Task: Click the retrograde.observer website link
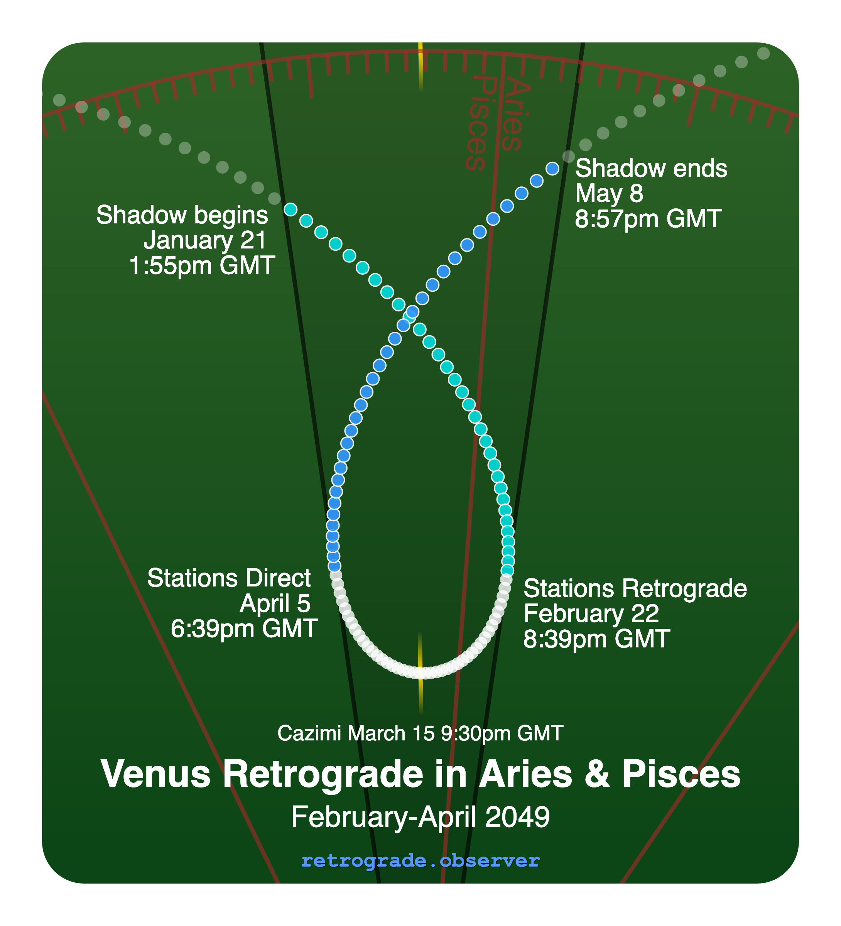click(x=420, y=861)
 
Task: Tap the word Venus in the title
click(x=155, y=774)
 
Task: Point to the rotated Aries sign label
click(x=515, y=115)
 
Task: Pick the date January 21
click(x=205, y=240)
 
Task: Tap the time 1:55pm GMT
click(x=202, y=265)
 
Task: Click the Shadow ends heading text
click(x=651, y=169)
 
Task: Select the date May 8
click(x=609, y=193)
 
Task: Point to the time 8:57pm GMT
click(x=648, y=219)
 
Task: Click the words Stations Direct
click(x=229, y=578)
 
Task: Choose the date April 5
click(x=275, y=603)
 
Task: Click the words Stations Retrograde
click(x=635, y=588)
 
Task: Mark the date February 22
click(x=591, y=613)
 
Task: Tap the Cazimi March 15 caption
click(x=420, y=733)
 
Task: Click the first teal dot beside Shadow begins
click(x=290, y=210)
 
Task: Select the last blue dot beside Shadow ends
click(x=552, y=169)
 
